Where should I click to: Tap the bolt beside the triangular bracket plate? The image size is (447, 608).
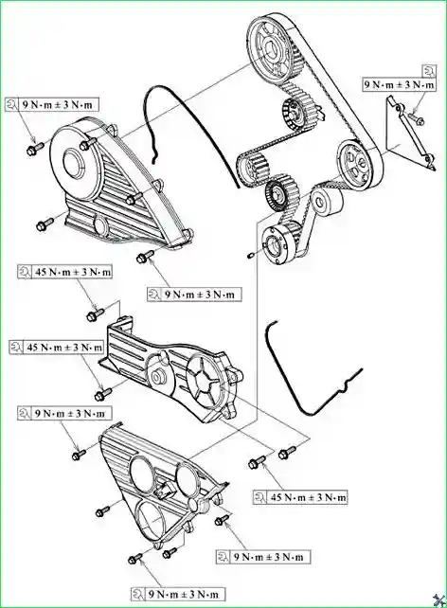[x=417, y=118]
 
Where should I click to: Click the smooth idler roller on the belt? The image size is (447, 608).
[x=327, y=202]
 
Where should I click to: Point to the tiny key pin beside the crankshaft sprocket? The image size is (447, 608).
[x=250, y=255]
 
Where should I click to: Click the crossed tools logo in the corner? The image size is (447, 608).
[x=438, y=599]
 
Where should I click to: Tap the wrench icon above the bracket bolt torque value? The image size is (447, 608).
[x=430, y=71]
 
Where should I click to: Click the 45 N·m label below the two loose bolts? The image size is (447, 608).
[x=300, y=497]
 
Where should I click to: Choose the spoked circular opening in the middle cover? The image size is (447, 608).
[x=205, y=382]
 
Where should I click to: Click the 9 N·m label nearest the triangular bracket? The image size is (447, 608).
[x=400, y=85]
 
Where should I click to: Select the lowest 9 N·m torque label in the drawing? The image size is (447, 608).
[x=178, y=595]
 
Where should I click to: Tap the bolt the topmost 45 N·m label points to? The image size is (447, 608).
[x=95, y=313]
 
